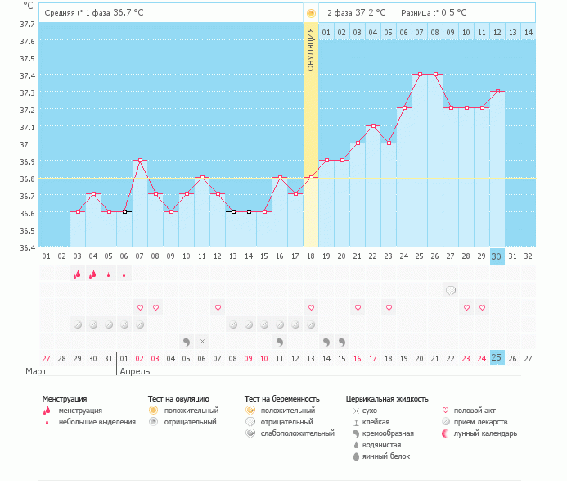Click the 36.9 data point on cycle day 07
[x=140, y=161]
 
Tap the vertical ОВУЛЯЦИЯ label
[x=311, y=50]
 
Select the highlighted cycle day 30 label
[x=497, y=256]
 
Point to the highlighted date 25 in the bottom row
[x=497, y=357]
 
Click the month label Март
[x=35, y=371]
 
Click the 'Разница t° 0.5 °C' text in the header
[x=434, y=13]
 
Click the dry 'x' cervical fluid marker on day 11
[x=202, y=341]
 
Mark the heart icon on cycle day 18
[x=311, y=307]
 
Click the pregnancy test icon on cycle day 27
[x=451, y=290]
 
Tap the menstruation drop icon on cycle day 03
[x=78, y=274]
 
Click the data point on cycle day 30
[x=497, y=92]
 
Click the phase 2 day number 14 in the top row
[x=528, y=32]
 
